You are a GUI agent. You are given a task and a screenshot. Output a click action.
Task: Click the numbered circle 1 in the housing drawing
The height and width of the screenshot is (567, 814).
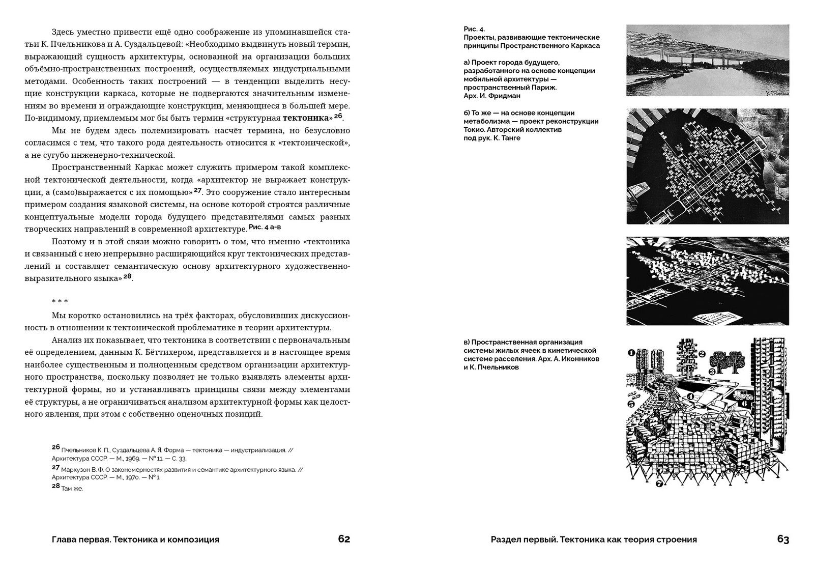click(x=631, y=351)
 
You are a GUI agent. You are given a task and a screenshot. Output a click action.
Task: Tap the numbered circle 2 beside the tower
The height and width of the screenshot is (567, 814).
click(x=701, y=354)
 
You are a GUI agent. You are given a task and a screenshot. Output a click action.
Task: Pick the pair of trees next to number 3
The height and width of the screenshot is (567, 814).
click(x=726, y=362)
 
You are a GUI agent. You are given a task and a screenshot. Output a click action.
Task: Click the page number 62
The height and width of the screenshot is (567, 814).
click(x=344, y=540)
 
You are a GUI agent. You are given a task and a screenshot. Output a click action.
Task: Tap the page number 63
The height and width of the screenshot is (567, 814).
click(x=783, y=540)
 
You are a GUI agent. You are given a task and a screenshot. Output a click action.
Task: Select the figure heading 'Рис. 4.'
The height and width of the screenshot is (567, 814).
click(x=474, y=29)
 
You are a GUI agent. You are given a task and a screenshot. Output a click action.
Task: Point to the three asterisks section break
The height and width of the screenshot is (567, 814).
click(x=60, y=302)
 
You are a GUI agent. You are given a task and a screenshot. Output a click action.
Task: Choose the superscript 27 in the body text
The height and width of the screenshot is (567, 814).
click(x=198, y=191)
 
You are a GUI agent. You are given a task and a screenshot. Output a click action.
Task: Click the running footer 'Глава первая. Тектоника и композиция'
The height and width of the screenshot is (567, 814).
click(x=135, y=540)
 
